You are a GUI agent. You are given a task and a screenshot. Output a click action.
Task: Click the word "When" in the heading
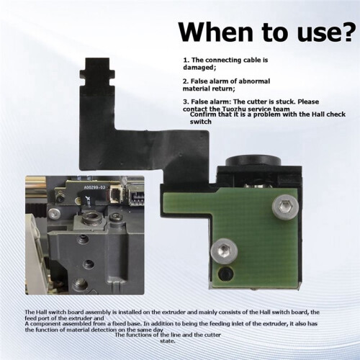tap(215, 32)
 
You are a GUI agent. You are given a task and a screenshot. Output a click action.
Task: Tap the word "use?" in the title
tap(325, 34)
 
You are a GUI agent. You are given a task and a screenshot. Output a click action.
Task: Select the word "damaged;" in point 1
tap(199, 68)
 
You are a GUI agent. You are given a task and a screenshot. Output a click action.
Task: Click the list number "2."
tap(186, 81)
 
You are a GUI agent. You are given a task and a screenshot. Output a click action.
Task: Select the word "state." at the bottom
tap(168, 341)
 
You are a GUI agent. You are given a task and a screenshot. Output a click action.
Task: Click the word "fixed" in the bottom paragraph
tap(120, 323)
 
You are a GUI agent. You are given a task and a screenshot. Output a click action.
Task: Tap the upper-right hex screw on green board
tap(285, 206)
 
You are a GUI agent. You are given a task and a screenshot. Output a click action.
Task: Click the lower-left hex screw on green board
tap(224, 251)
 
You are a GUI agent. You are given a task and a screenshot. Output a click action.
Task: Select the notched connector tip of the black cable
tap(97, 71)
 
